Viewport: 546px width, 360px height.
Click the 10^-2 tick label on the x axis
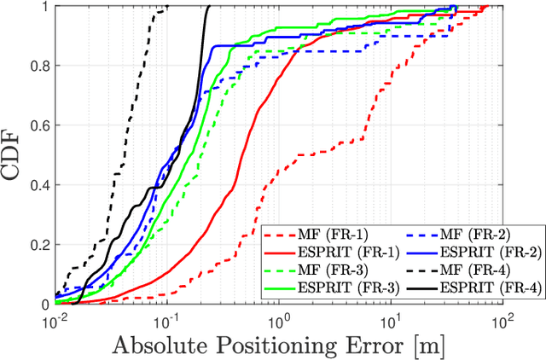click(x=55, y=318)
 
